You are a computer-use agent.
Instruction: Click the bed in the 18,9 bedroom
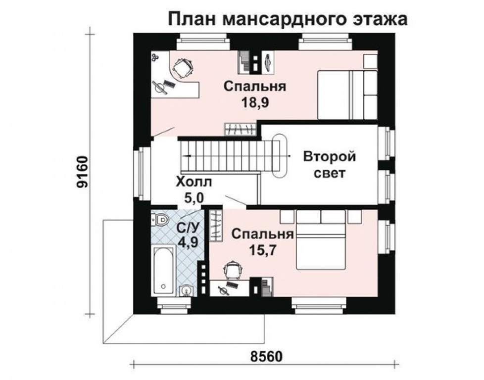346,95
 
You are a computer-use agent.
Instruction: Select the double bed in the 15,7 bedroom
322,240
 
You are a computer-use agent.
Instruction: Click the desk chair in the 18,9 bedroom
183,68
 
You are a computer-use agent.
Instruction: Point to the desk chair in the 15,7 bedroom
232,270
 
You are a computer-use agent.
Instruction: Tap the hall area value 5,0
194,197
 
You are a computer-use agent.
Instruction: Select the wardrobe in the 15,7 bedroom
215,226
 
